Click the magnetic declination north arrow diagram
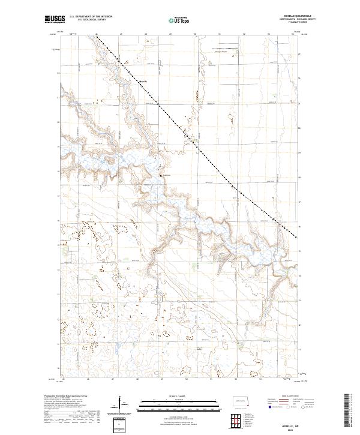(x=121, y=403)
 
